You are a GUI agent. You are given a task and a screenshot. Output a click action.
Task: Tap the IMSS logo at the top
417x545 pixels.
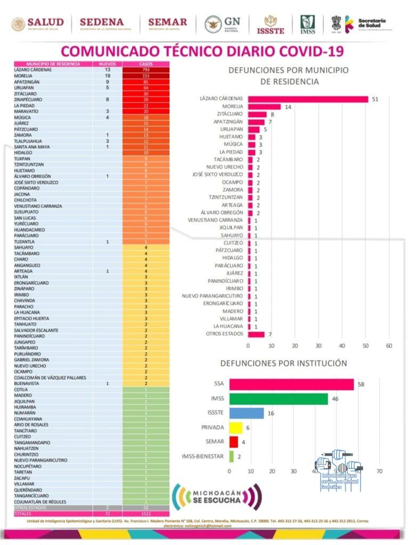click(x=307, y=24)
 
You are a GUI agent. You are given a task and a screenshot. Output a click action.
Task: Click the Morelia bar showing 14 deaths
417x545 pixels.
click(x=264, y=106)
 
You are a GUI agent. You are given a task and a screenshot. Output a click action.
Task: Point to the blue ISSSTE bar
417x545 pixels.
click(x=247, y=413)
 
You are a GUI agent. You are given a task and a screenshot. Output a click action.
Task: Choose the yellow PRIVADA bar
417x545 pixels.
click(x=236, y=427)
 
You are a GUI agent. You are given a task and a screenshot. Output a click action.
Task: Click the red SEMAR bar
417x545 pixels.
click(x=234, y=442)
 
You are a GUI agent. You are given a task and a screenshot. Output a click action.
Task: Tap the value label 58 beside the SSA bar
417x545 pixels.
click(x=362, y=384)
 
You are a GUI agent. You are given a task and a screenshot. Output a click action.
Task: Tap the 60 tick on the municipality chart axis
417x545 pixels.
click(x=389, y=346)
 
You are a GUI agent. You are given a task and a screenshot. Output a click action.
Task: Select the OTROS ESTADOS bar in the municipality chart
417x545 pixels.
click(x=256, y=334)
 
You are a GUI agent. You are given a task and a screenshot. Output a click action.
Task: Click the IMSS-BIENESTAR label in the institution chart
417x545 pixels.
click(x=202, y=456)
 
